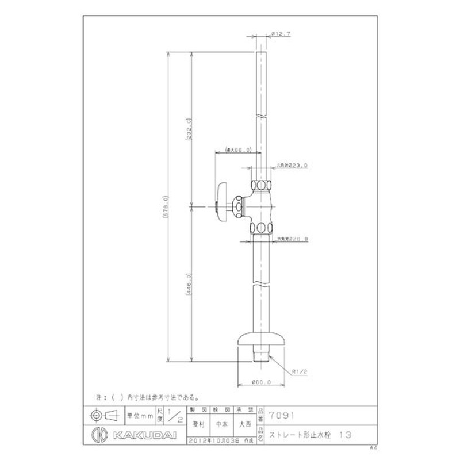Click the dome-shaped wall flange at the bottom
(262, 341)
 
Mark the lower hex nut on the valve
(262, 225)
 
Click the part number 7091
(281, 412)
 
